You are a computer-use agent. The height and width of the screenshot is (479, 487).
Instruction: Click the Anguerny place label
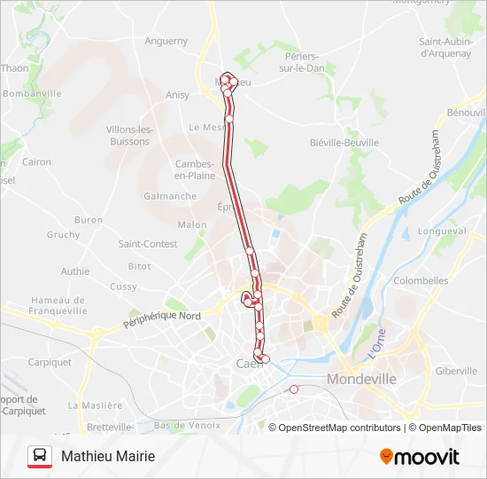166,41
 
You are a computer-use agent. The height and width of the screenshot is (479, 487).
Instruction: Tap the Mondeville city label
362,379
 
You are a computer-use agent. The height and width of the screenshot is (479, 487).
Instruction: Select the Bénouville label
466,113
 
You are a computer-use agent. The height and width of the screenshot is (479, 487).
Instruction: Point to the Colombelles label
421,280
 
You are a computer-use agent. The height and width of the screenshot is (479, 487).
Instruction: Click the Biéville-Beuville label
344,142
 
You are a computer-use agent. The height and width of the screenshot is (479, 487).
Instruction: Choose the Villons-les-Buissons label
129,135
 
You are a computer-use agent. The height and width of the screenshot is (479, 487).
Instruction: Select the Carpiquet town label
49,362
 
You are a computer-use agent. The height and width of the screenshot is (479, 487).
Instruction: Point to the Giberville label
456,371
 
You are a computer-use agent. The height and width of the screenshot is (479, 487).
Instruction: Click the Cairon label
37,162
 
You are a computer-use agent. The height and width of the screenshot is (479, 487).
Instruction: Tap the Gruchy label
63,235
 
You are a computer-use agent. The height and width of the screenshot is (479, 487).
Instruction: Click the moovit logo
419,457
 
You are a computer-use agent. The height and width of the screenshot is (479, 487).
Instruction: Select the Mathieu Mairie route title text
108,456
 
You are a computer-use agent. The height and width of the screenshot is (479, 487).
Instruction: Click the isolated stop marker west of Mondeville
294,389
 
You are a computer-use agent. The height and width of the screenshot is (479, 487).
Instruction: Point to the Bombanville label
32,93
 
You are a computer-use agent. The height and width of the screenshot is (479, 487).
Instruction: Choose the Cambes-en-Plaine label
195,169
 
